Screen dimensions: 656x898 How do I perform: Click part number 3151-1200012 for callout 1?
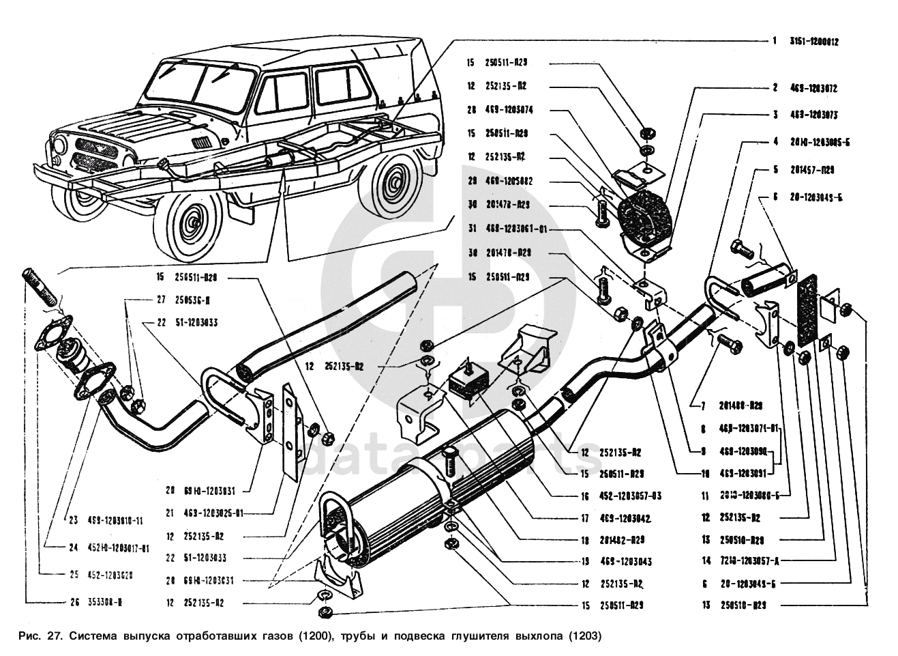point(814,41)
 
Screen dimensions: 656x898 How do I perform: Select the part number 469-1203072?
point(814,88)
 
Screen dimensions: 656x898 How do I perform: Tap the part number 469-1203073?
point(814,115)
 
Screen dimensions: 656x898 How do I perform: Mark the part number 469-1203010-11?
point(115,521)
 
